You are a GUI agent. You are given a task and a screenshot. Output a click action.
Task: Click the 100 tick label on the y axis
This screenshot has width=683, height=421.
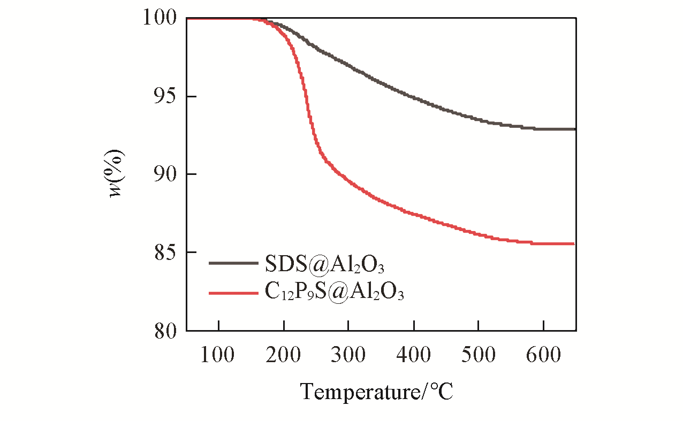159,18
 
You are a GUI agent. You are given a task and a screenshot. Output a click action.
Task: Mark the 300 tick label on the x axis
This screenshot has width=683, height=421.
348,355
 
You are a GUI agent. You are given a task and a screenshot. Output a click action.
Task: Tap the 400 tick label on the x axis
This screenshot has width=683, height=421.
413,355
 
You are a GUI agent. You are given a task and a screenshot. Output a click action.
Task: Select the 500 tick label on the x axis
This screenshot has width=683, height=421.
478,355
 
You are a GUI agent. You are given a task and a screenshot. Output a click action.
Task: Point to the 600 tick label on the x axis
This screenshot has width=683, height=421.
543,355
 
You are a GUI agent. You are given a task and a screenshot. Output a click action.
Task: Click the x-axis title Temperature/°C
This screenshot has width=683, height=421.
376,392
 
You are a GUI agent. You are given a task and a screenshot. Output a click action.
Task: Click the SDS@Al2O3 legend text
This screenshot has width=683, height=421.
324,264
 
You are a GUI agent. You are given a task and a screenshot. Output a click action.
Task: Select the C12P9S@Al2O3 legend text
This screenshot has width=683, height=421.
333,293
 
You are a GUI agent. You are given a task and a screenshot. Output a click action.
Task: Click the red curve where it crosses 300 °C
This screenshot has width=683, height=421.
348,182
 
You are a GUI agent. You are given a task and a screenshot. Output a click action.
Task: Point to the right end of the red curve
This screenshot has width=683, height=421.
574,243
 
